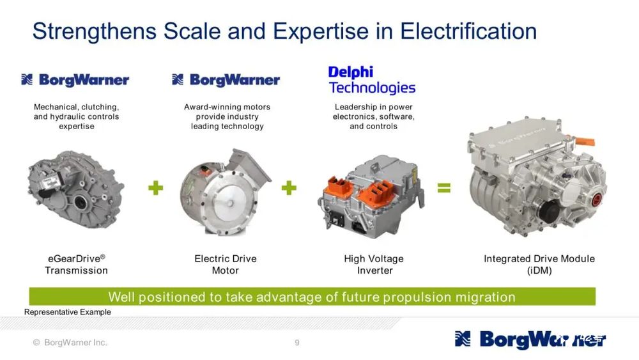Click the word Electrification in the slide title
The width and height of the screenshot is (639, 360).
coord(468,31)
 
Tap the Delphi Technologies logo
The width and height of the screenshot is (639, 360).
coord(372,80)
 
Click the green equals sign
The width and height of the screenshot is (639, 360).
coord(444,187)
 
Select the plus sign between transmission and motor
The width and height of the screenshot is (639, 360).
coord(156,187)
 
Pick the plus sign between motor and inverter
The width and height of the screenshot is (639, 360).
coord(289,187)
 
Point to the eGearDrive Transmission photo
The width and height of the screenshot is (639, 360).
coord(76,189)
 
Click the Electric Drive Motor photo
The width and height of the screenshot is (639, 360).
coord(226,192)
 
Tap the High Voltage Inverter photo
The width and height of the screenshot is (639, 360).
coord(371,197)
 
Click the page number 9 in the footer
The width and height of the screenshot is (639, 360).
coord(297,343)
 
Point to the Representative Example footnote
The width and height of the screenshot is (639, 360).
coord(68,312)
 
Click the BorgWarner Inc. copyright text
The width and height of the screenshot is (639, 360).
coord(70,343)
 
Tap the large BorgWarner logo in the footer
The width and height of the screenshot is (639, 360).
coord(530,339)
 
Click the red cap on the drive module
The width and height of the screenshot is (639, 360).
coord(596,200)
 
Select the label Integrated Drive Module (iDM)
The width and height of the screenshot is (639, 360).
coord(539,265)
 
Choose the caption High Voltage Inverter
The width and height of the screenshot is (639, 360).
coord(374,265)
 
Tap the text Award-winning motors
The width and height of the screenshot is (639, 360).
coord(227,107)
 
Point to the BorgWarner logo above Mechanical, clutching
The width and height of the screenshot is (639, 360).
coord(75,80)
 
